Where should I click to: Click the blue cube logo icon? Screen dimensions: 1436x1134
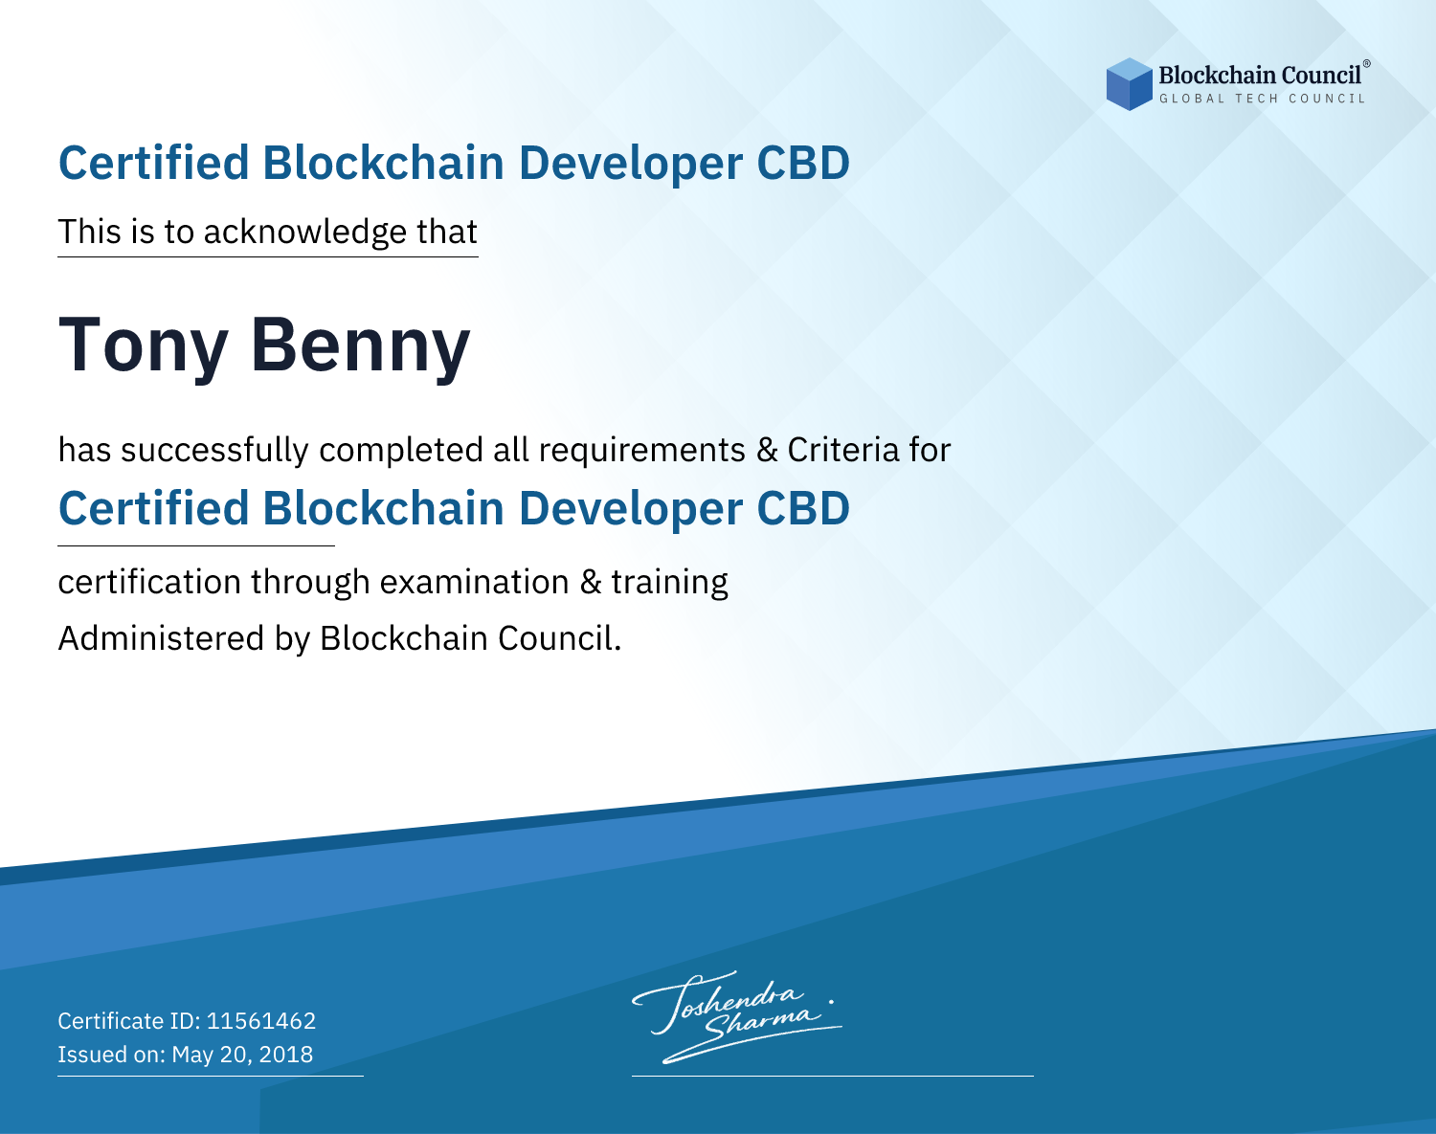1129,84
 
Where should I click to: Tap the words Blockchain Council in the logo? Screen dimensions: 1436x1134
1260,76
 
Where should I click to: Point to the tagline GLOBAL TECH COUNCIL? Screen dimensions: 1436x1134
1262,99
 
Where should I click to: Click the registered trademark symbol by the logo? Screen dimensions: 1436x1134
1366,64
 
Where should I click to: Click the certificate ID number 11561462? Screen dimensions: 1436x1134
261,1020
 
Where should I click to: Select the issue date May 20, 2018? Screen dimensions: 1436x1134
242,1055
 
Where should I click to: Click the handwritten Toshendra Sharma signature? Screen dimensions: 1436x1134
737,1016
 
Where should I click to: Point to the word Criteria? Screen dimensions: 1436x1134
843,450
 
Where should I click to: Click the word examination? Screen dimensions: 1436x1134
475,582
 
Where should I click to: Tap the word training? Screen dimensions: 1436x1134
669,583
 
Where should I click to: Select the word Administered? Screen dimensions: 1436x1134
162,638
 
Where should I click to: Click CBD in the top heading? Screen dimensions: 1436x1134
803,163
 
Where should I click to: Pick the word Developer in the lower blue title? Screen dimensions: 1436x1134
630,510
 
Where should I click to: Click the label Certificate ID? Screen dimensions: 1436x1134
129,1020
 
